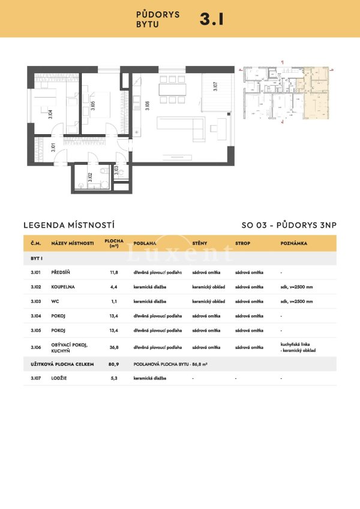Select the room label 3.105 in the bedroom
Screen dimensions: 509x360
click(x=93, y=108)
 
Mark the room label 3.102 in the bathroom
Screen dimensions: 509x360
click(x=89, y=177)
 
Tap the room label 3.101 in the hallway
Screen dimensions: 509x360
click(x=54, y=149)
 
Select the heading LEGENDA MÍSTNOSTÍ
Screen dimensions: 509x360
click(x=68, y=225)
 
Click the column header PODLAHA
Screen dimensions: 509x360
click(x=145, y=243)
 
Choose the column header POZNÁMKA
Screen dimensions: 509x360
click(x=293, y=243)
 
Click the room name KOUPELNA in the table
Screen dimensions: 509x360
click(x=64, y=286)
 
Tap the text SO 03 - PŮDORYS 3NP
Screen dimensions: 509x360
click(x=289, y=225)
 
